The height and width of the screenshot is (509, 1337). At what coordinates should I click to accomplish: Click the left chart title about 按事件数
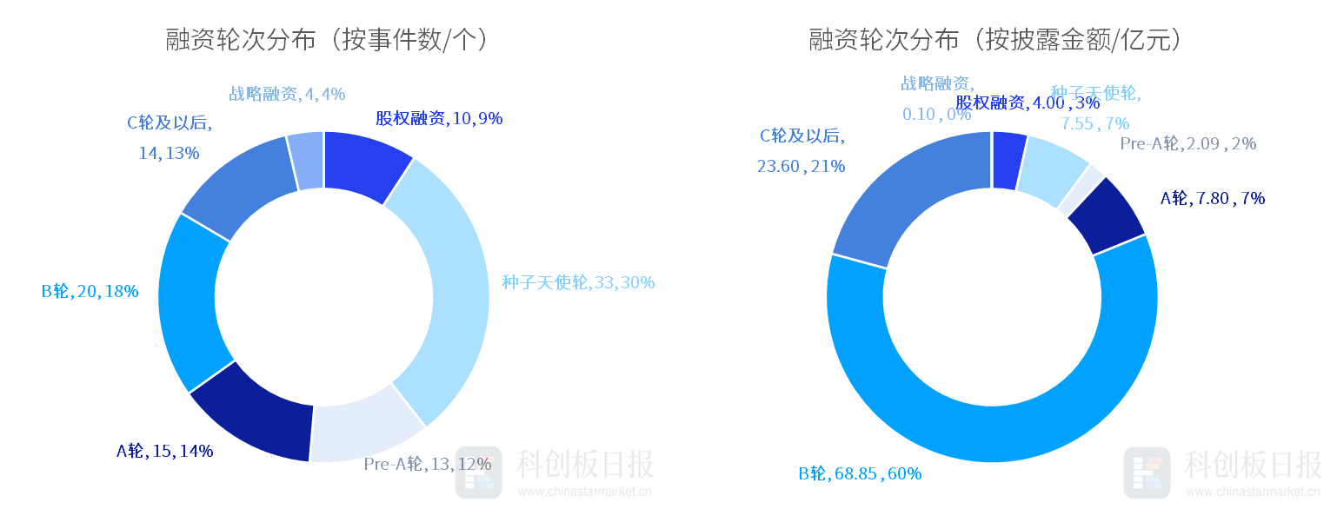tap(327, 40)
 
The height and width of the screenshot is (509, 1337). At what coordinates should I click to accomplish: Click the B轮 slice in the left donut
tap(191, 300)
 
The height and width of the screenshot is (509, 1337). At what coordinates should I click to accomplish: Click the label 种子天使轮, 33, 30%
tap(578, 282)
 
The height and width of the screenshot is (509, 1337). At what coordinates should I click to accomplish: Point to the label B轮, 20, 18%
tap(90, 292)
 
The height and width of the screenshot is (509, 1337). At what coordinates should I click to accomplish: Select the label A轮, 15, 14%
tap(165, 451)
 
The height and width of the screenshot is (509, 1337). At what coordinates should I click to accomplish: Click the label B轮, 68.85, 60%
tap(860, 473)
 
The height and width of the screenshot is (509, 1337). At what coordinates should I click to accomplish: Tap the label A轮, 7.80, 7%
tap(1212, 198)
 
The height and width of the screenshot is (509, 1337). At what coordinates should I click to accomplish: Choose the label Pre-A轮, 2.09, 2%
tap(1187, 144)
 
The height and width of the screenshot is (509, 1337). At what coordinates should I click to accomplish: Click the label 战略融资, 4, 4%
tap(287, 94)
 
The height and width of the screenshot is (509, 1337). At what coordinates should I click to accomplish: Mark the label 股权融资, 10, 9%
tap(439, 118)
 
